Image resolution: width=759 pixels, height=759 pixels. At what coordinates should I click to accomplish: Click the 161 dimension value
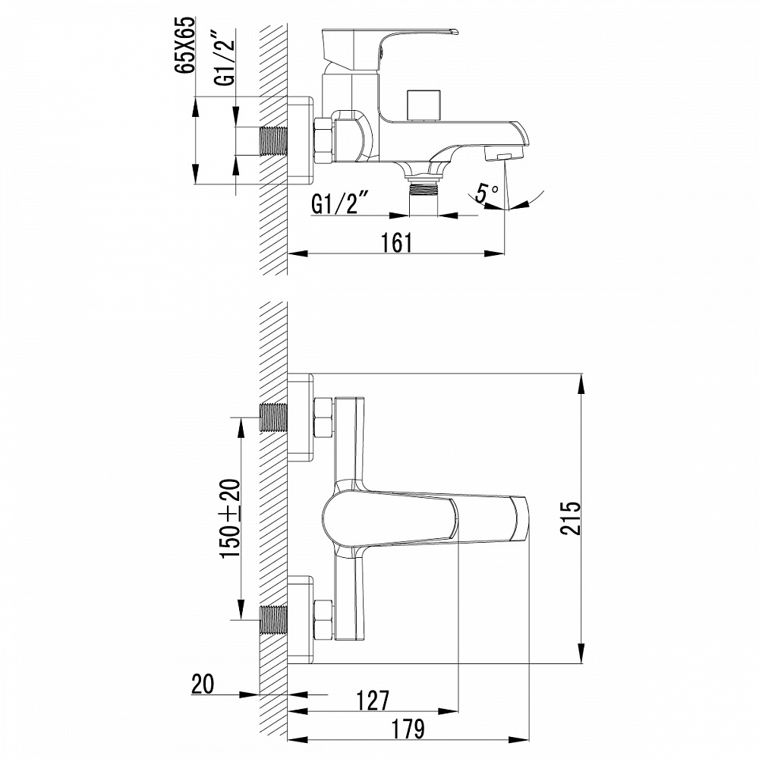395,242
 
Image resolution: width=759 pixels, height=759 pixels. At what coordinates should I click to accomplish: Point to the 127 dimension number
373,700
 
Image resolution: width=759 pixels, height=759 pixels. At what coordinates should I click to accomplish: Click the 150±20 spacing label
231,519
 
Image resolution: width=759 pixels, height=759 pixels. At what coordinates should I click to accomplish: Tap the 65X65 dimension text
185,46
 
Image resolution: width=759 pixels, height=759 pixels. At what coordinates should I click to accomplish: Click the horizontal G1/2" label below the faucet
340,203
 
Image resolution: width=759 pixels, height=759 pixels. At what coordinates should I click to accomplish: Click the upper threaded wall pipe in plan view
275,417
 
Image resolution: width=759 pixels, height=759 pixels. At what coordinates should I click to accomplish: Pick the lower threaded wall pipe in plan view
275,619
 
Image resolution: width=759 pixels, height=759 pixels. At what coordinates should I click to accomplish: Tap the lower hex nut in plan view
324,619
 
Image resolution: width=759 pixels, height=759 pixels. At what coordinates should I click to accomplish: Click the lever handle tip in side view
454,32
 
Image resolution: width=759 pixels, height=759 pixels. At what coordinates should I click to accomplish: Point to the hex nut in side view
323,141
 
